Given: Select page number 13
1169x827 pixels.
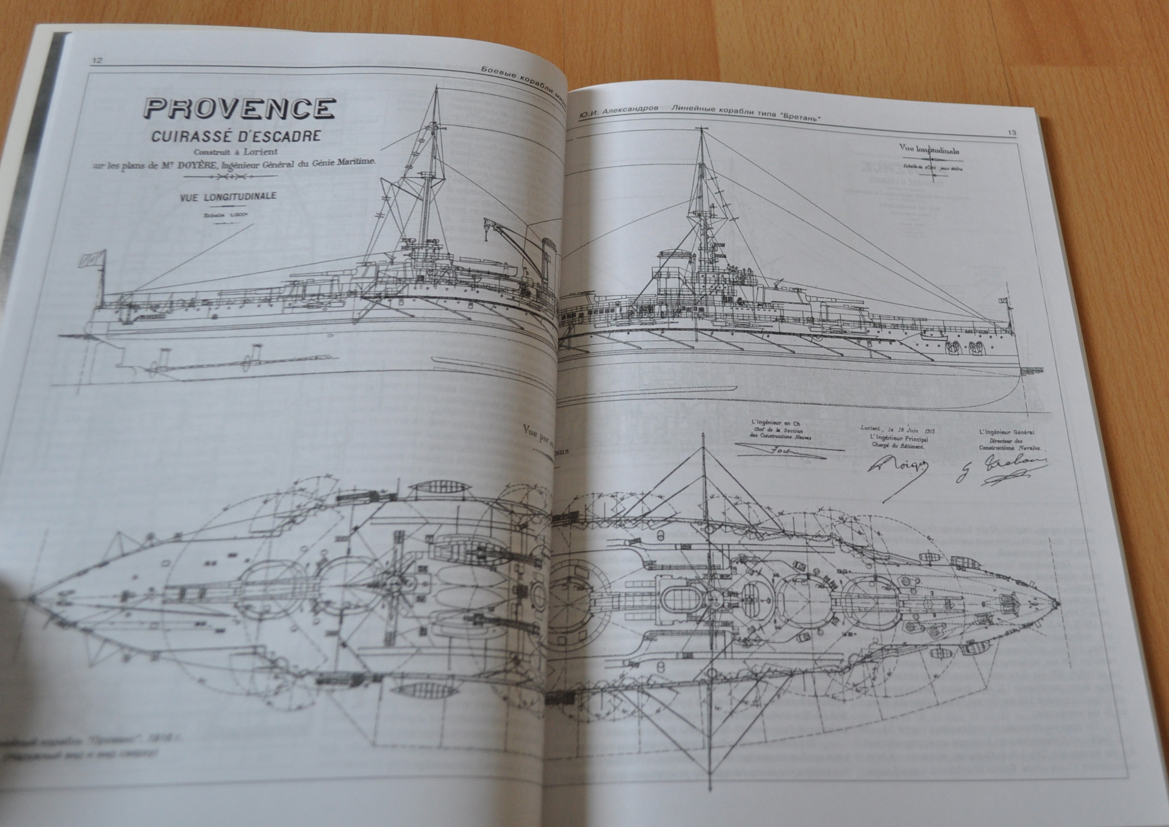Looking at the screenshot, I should click(1012, 133).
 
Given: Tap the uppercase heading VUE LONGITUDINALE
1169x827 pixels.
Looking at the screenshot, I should click(227, 196).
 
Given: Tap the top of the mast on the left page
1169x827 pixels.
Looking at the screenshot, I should click(436, 88).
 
